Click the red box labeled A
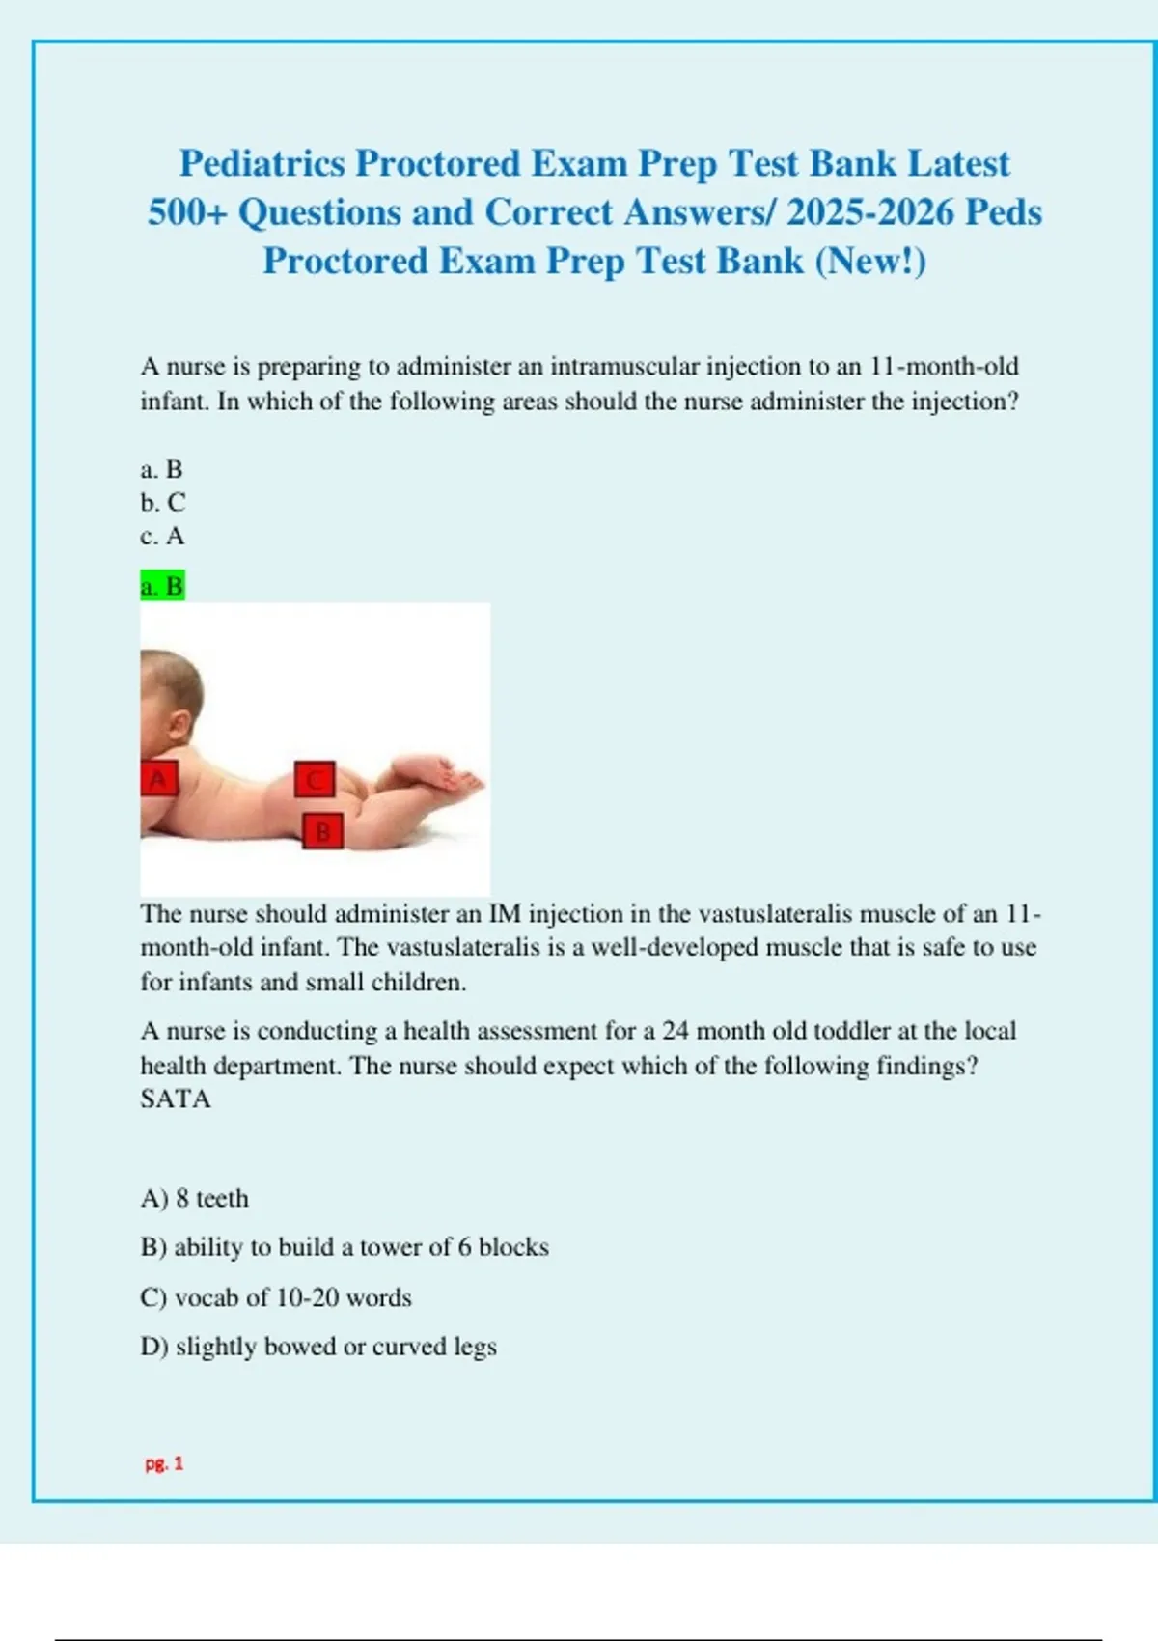(159, 778)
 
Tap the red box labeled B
(322, 830)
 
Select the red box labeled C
(315, 779)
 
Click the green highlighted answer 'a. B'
(162, 586)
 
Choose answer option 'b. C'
(162, 503)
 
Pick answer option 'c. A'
(162, 536)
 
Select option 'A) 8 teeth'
(194, 1198)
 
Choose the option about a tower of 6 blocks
(345, 1247)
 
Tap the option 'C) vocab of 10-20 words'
(276, 1297)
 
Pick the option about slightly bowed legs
(318, 1347)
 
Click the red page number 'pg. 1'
(164, 1463)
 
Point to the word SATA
(175, 1099)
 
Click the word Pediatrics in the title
(262, 163)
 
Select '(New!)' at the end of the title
(870, 261)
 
